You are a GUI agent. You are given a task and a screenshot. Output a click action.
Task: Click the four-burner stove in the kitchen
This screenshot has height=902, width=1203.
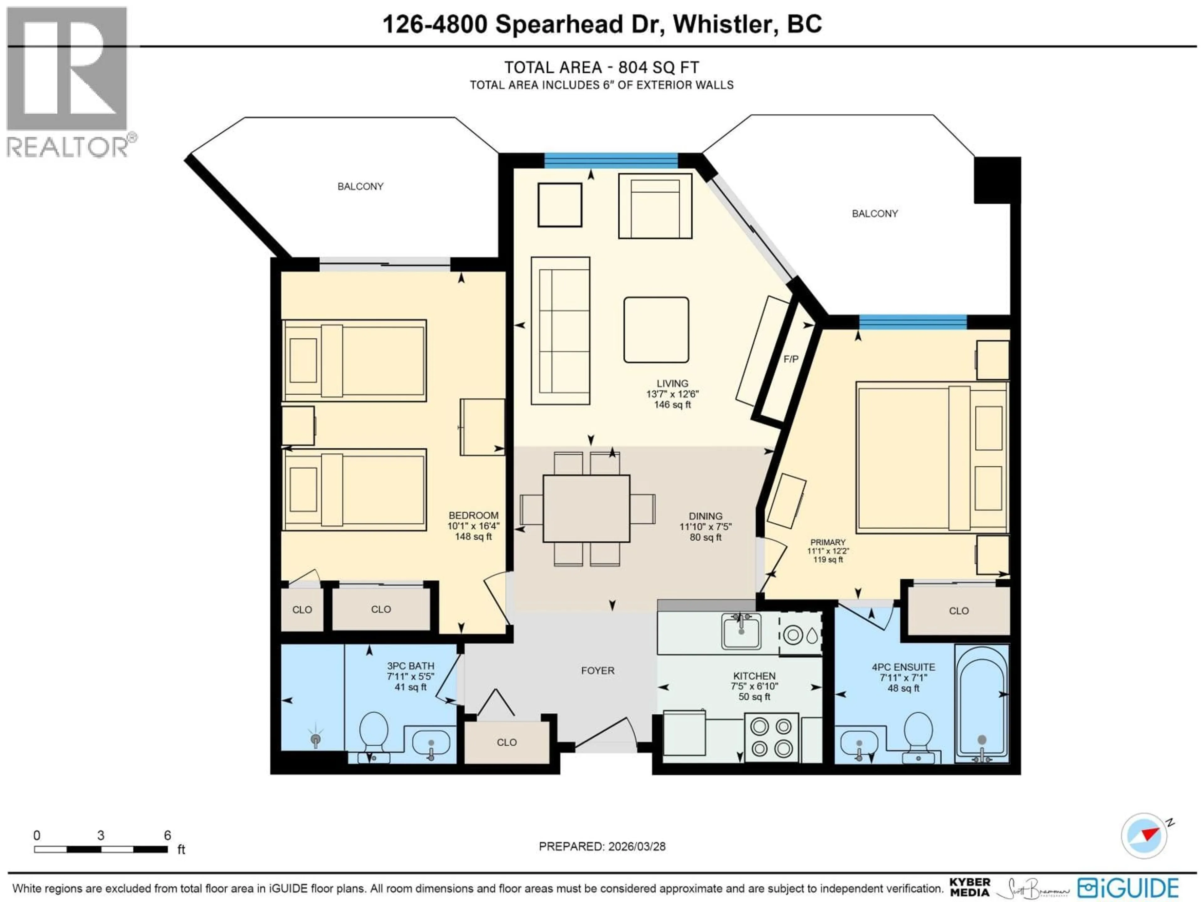pos(771,737)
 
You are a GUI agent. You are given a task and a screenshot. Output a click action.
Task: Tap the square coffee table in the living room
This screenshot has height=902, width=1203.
pos(656,330)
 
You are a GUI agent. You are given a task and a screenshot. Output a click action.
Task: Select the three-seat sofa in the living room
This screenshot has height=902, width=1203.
pos(560,330)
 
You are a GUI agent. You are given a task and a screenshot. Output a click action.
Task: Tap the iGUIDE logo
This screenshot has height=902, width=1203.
pos(1128,888)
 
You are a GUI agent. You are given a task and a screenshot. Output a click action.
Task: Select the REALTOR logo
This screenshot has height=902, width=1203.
pos(68,81)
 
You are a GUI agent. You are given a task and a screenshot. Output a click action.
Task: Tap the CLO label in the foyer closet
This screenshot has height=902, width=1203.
pos(506,743)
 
